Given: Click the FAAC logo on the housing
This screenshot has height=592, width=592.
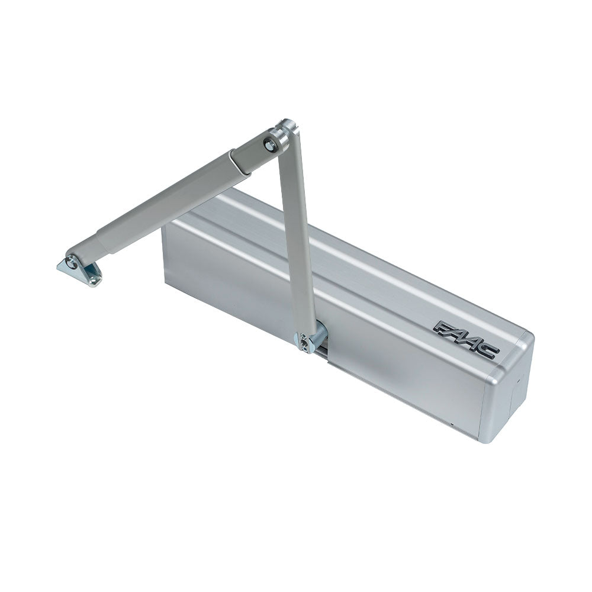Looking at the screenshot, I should [466, 339].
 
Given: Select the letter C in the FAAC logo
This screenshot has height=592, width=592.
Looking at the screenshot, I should [489, 350].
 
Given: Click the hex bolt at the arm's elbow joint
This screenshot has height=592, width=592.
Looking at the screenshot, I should [271, 144].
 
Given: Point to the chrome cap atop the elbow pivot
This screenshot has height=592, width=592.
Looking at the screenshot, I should [288, 126].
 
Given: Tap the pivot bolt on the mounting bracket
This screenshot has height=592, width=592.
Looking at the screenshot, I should [72, 262].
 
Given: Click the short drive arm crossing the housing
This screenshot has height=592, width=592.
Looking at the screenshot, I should [299, 237].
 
